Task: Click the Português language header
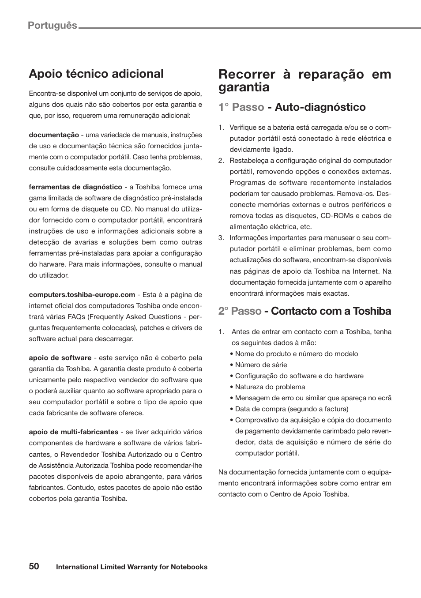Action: click(52, 25)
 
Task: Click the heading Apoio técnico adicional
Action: click(96, 74)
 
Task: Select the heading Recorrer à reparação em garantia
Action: click(304, 81)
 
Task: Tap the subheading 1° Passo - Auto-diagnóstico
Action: click(292, 107)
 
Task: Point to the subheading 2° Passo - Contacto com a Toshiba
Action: click(304, 311)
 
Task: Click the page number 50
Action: click(34, 566)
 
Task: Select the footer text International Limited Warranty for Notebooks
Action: click(132, 567)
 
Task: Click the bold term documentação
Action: click(54, 135)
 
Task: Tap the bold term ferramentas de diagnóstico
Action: click(75, 187)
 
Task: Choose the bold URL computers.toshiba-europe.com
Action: click(82, 295)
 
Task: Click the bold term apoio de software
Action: click(60, 358)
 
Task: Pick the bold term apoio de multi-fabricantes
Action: click(74, 432)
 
